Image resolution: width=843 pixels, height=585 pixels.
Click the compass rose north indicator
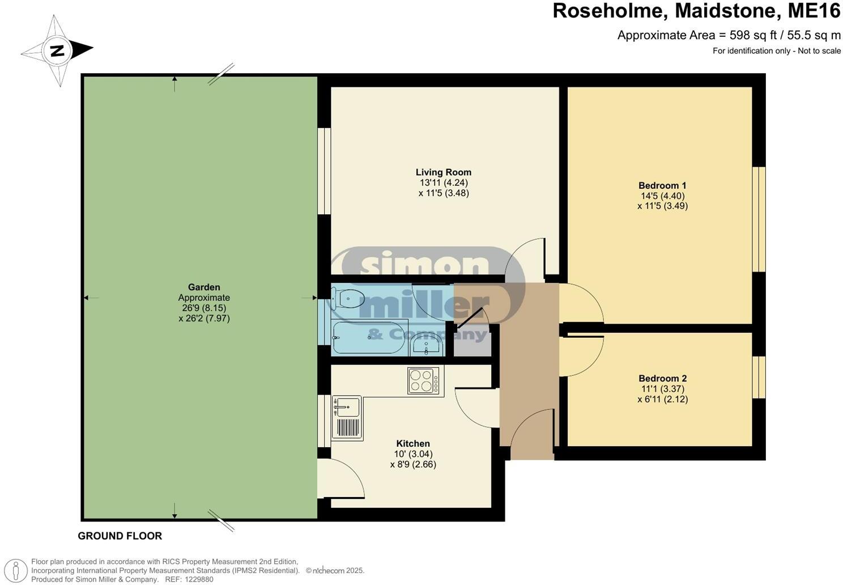[x=57, y=50]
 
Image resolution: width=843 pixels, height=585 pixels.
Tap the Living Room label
[x=443, y=172]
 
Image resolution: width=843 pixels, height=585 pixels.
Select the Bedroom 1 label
[x=662, y=185]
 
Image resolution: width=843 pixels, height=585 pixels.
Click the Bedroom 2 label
[x=662, y=379]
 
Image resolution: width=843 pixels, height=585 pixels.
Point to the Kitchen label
[x=412, y=443]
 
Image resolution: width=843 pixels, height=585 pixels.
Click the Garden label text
[x=204, y=287]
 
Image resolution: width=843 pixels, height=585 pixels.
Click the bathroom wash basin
[x=426, y=346]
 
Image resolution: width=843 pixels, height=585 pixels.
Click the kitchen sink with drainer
[x=346, y=417]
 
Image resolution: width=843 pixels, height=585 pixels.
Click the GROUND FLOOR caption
[x=120, y=536]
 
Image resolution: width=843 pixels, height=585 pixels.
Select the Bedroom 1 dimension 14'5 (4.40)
[x=662, y=196]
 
